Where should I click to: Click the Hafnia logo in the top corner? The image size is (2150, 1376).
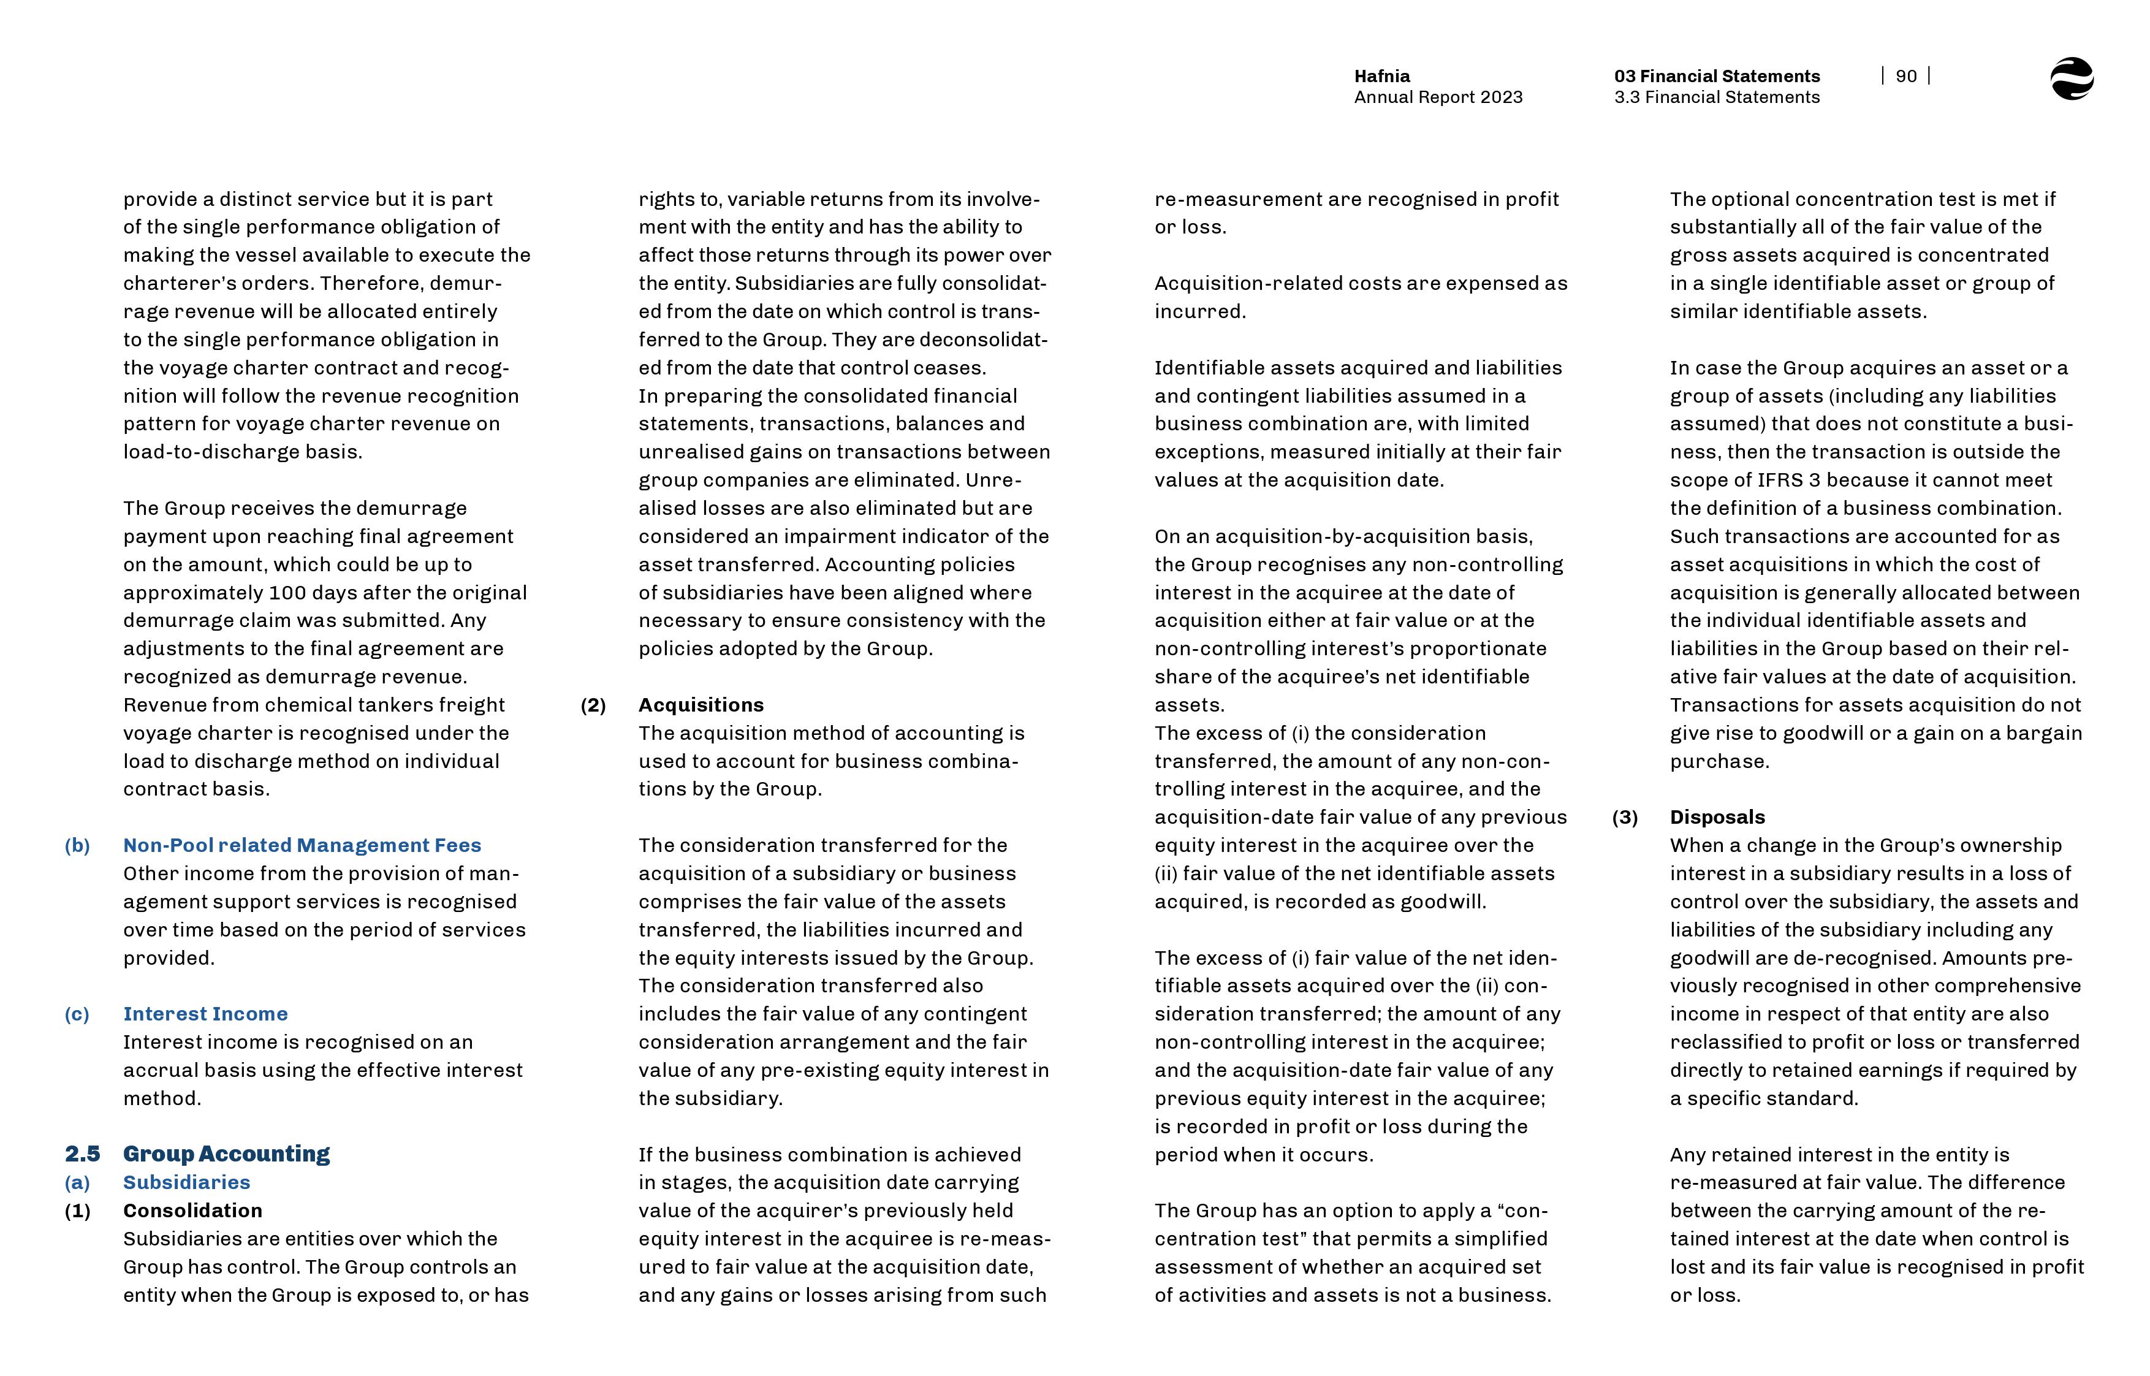pos(2072,78)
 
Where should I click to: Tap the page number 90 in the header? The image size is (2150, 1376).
pos(1905,76)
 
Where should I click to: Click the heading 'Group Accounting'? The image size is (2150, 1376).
pos(226,1154)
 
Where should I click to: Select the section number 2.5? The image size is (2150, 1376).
pos(82,1154)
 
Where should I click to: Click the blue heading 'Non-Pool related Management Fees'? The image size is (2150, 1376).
pos(302,845)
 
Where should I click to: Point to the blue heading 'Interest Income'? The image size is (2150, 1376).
pos(205,1014)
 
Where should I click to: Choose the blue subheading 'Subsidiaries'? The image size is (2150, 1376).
pos(187,1182)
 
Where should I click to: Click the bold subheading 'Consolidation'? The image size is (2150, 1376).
pos(193,1211)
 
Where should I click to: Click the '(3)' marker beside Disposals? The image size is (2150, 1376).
pos(1625,818)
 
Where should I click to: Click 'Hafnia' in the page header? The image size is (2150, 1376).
pos(1382,76)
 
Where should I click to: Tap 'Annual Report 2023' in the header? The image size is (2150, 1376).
pos(1438,97)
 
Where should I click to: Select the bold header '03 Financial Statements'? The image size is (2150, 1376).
pos(1717,76)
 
